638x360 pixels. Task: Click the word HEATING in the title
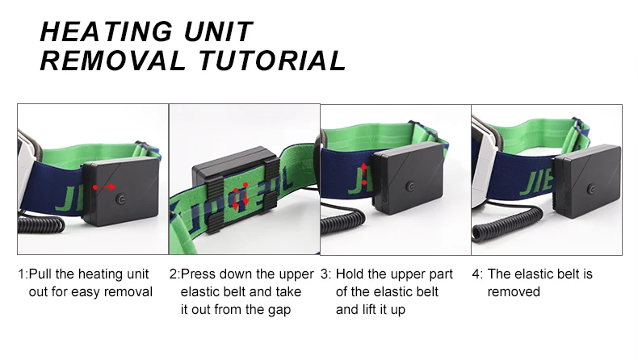pos(106,31)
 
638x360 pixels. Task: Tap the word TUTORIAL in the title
pos(273,61)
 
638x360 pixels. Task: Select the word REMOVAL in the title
pos(113,61)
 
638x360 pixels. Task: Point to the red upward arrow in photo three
pos(363,174)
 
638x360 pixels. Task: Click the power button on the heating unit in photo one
pos(120,199)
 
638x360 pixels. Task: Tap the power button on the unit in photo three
pos(410,186)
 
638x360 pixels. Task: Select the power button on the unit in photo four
pos(591,189)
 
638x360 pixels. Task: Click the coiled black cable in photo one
pos(40,224)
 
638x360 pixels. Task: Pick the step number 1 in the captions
pos(21,274)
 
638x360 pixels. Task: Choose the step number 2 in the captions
pos(173,274)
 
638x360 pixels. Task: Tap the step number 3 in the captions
pos(324,274)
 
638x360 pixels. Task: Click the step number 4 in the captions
pos(476,274)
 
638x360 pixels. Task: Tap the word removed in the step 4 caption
pos(514,292)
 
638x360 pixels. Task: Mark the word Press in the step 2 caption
pos(198,274)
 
